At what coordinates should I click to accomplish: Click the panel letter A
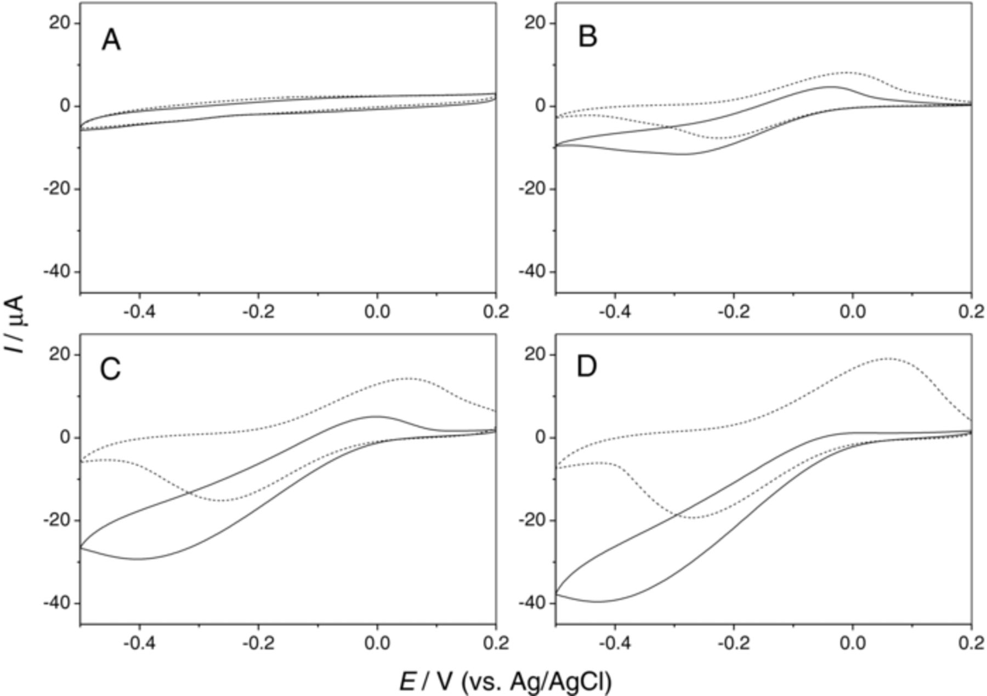click(x=111, y=41)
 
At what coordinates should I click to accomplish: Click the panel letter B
click(x=587, y=37)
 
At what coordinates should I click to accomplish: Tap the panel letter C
click(x=110, y=369)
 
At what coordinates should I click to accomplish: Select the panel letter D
click(x=587, y=367)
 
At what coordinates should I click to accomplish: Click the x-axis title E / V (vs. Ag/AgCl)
click(x=505, y=682)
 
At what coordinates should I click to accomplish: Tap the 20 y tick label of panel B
click(x=537, y=23)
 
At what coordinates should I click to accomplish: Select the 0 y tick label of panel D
click(x=542, y=437)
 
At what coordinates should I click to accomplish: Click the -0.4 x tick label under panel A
click(x=139, y=312)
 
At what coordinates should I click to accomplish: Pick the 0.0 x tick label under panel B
click(x=852, y=312)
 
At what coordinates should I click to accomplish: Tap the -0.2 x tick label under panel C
click(x=258, y=643)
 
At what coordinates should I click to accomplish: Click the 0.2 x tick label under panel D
click(x=971, y=643)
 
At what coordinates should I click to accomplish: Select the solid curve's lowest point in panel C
click(x=139, y=559)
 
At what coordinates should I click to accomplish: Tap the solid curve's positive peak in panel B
click(x=831, y=87)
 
